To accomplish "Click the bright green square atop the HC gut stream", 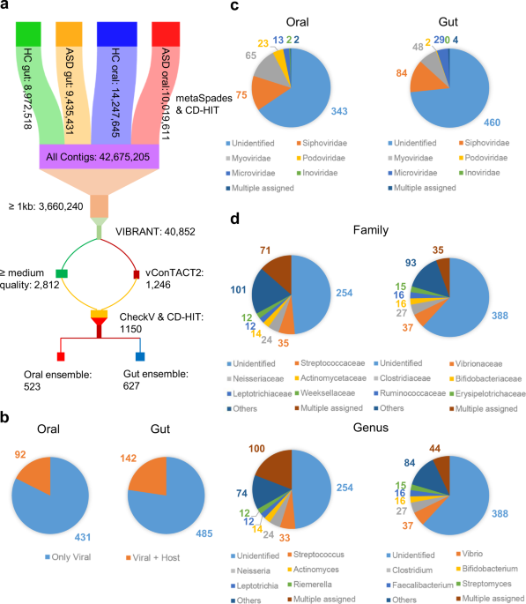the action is [x=28, y=34].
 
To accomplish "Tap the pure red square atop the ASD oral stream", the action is [x=166, y=34].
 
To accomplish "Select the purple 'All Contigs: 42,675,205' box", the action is [x=100, y=156].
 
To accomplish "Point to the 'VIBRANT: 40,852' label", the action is [x=155, y=232].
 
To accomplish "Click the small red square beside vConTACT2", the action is [x=137, y=274].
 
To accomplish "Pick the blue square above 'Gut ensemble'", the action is [x=140, y=356].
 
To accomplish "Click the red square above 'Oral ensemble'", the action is [x=61, y=356].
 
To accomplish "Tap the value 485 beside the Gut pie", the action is [x=204, y=533].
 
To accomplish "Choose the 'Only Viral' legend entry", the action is [x=68, y=557].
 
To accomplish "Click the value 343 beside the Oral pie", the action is [x=339, y=111].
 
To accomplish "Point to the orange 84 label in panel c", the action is [x=402, y=73].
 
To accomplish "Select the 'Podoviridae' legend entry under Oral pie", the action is [x=321, y=158].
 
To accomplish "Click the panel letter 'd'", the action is [x=234, y=219].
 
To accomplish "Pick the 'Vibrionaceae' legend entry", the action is [x=476, y=363].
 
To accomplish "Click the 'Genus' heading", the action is [x=371, y=428].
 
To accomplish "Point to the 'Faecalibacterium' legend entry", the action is [x=419, y=585].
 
